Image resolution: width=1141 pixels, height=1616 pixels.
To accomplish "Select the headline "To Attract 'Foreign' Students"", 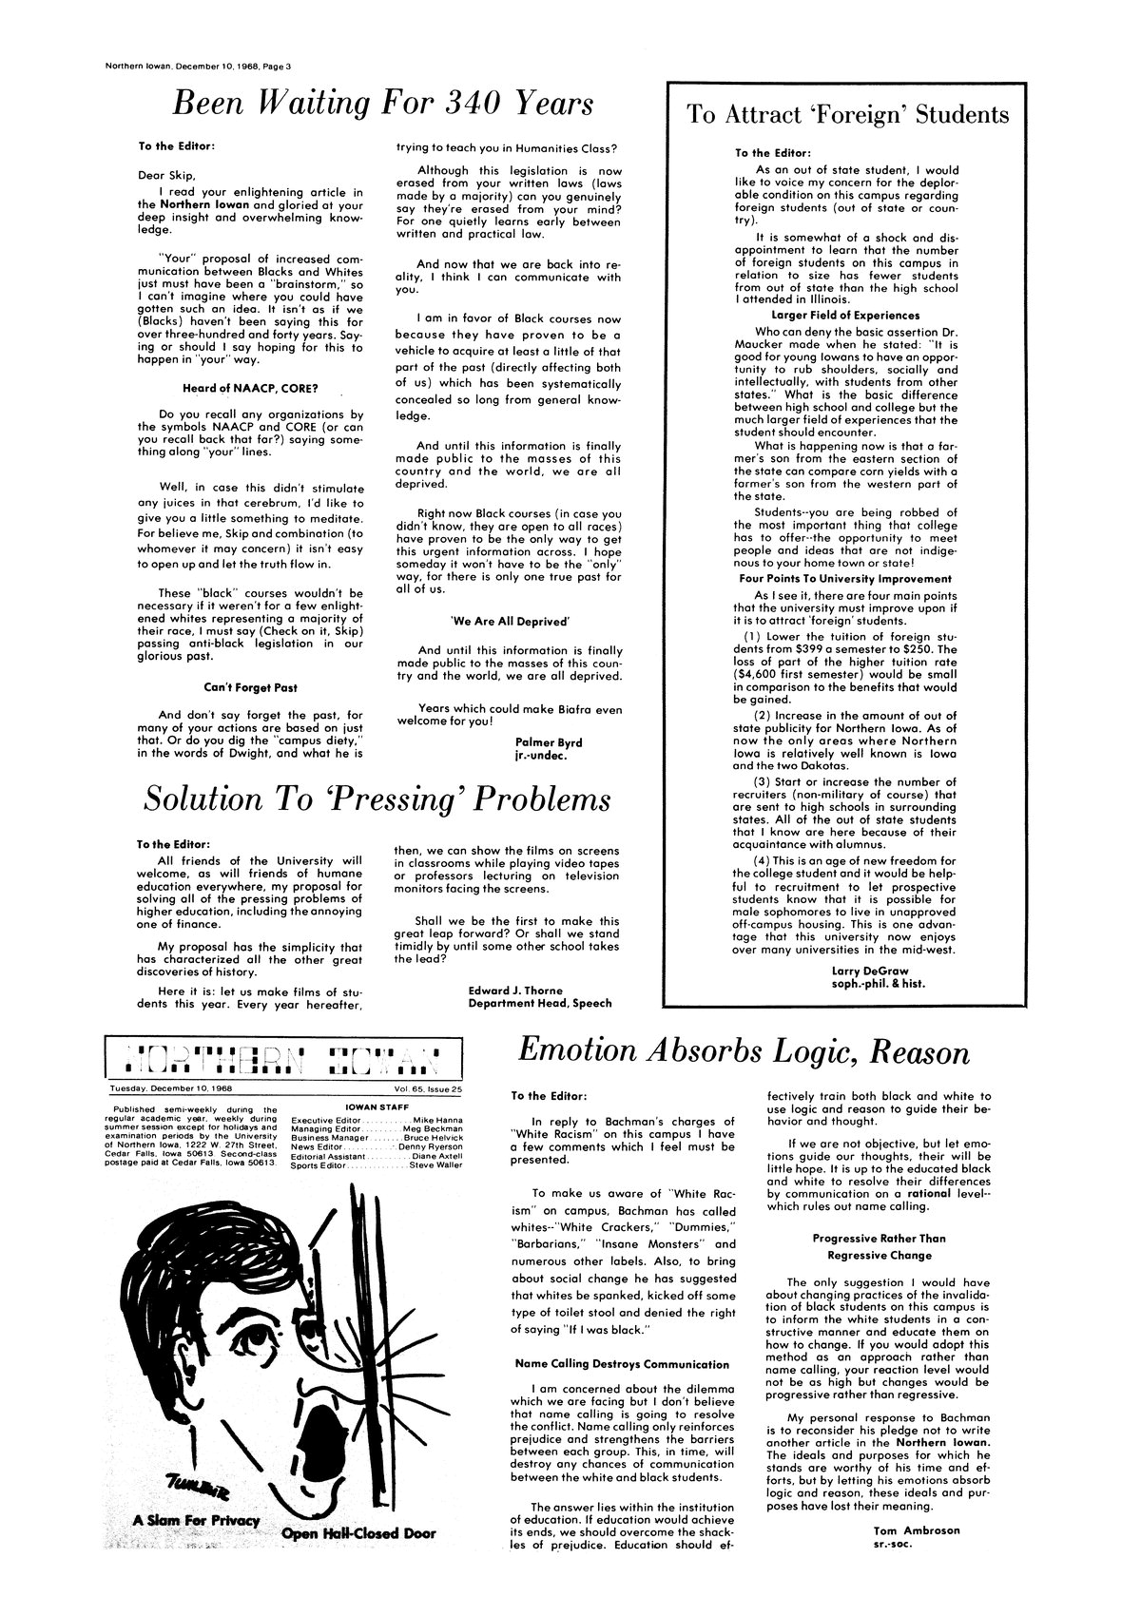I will click(x=847, y=115).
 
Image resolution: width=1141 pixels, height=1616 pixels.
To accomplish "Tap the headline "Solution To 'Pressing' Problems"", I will click(x=376, y=798).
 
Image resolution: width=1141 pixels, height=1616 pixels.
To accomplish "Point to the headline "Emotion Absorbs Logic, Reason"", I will click(x=744, y=1052).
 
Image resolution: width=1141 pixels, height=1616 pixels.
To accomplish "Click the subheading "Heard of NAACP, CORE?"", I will click(x=249, y=388).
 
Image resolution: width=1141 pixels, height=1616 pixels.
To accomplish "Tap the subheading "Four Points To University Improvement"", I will click(x=845, y=578).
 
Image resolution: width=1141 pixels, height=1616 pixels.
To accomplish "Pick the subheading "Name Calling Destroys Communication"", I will click(x=622, y=1364).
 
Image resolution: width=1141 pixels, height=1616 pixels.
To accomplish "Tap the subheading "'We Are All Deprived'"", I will click(x=509, y=621).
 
